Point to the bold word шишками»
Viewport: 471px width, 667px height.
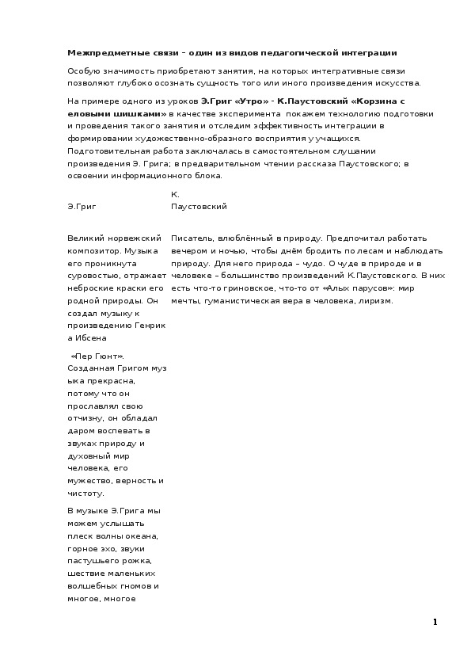(x=142, y=113)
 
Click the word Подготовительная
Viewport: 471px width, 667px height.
(x=107, y=151)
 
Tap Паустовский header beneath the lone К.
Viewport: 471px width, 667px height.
(x=199, y=206)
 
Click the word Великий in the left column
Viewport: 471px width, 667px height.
(x=86, y=238)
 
